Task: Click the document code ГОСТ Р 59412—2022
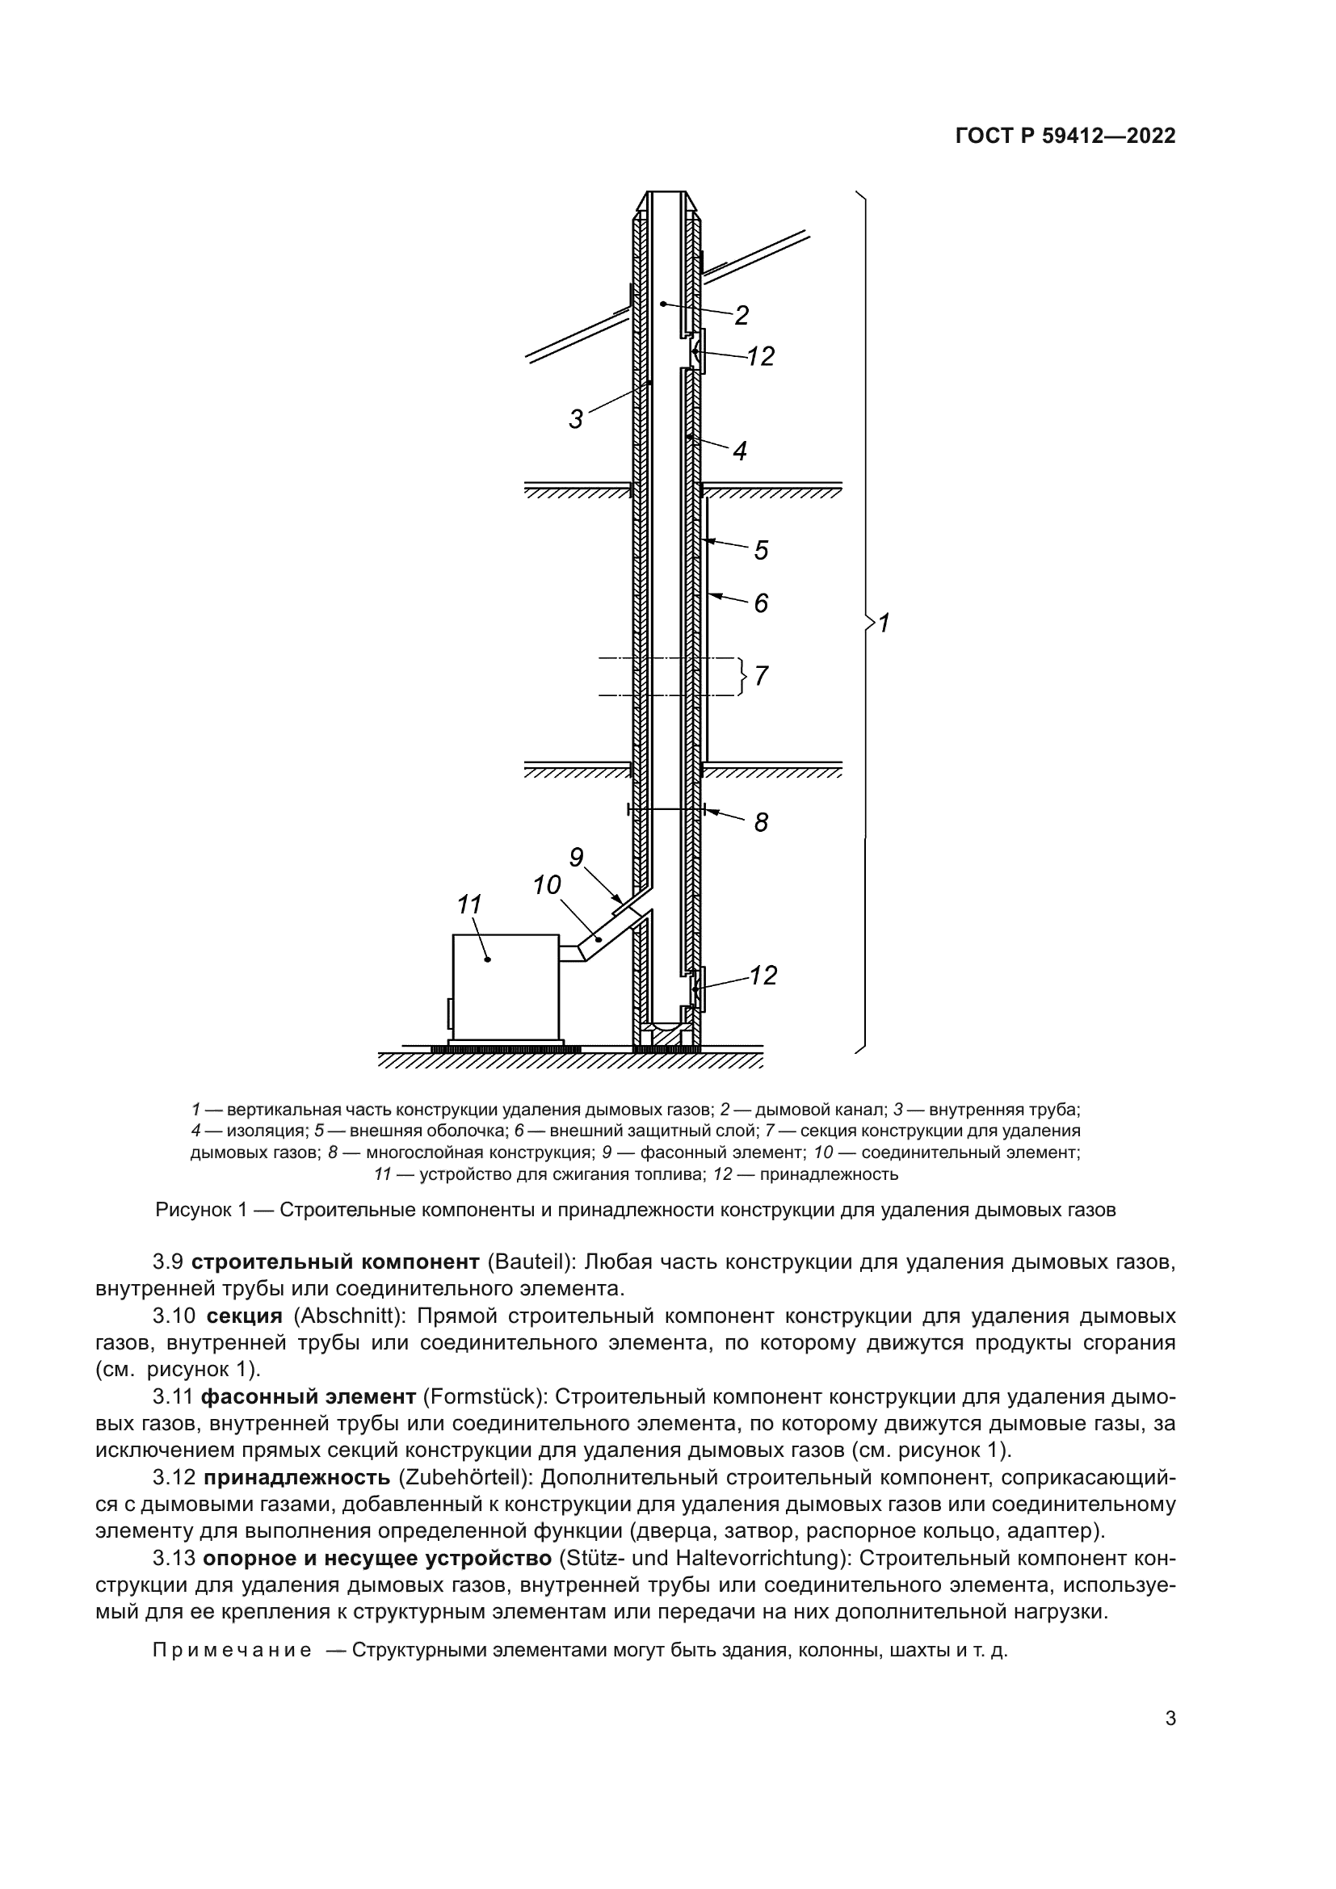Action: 1065,136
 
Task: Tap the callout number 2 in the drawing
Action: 741,315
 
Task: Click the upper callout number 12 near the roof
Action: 761,356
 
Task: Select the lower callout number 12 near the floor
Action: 763,975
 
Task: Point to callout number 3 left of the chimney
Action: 576,420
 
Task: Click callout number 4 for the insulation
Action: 740,451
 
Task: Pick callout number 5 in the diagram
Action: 761,550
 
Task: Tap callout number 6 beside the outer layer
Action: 761,603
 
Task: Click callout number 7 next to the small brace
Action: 761,676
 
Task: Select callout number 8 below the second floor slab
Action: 761,822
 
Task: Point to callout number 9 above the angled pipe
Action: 576,858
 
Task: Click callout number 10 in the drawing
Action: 546,885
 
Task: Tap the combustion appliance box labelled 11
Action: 506,987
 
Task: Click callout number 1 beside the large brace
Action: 884,623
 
